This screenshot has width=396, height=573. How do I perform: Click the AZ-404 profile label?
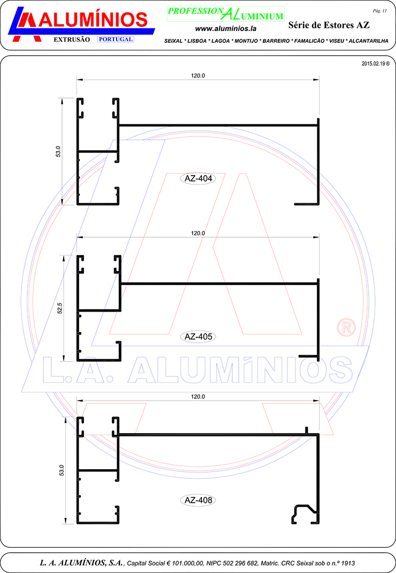(198, 178)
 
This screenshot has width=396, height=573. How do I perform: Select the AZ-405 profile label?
(198, 336)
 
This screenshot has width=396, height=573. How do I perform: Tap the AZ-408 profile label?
(198, 500)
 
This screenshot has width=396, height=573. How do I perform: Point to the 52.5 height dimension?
(60, 308)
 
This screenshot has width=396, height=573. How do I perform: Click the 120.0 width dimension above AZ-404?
(198, 76)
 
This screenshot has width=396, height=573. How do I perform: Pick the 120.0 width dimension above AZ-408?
(198, 396)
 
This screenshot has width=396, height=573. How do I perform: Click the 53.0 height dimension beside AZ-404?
(58, 152)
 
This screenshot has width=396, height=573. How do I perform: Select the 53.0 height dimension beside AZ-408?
(62, 470)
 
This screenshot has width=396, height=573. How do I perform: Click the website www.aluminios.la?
(226, 28)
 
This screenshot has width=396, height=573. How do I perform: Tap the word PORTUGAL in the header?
(116, 39)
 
